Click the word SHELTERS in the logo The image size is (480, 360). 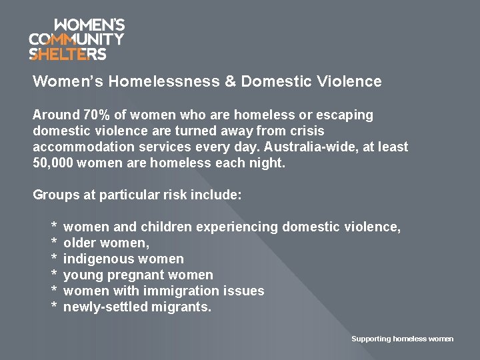click(x=67, y=53)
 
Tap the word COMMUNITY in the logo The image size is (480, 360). click(x=77, y=39)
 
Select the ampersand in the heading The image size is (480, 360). click(x=230, y=82)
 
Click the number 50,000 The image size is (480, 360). click(x=53, y=163)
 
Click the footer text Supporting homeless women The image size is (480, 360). click(x=402, y=339)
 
